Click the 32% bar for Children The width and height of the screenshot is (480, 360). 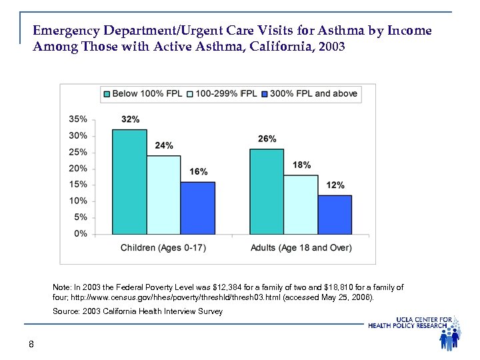[x=129, y=181]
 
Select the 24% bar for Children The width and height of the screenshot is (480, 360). [x=163, y=195]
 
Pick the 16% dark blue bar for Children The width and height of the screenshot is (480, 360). [x=197, y=208]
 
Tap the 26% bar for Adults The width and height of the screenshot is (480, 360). [x=266, y=191]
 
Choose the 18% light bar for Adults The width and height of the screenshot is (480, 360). [x=301, y=205]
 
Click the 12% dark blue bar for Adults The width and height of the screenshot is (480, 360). [x=335, y=215]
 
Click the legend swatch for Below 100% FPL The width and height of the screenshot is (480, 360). [x=105, y=94]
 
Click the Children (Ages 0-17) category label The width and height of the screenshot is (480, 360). [x=163, y=248]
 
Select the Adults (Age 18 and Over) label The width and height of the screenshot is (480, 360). [x=301, y=248]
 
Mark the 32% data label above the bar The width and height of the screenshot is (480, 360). [x=130, y=119]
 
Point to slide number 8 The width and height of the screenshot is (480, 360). [x=31, y=344]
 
